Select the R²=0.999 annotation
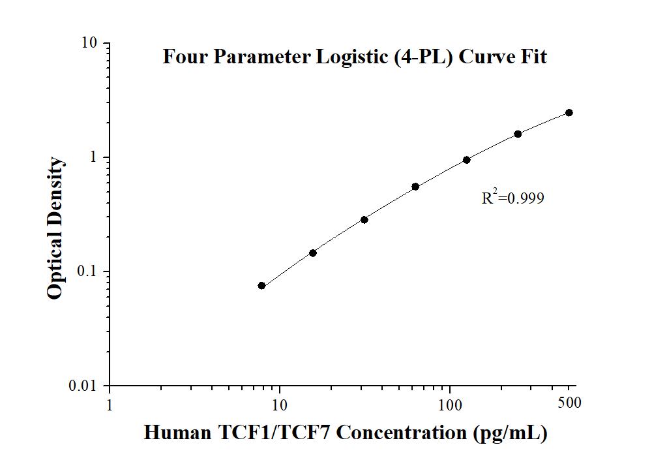(512, 198)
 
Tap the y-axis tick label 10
(90, 43)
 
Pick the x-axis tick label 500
(569, 403)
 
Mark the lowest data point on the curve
(261, 286)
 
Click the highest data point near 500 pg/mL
(569, 113)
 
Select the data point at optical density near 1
(467, 160)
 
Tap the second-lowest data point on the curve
(313, 253)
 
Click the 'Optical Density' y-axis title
(56, 228)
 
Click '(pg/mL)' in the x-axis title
(511, 433)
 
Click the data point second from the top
(518, 134)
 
